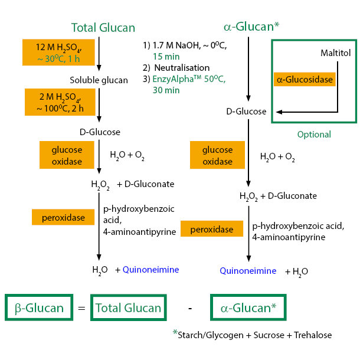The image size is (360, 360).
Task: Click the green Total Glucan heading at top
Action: coord(103,27)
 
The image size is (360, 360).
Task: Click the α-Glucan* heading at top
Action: coord(251,27)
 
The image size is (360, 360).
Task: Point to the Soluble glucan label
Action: coord(99,80)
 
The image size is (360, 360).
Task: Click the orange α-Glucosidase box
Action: coord(304,79)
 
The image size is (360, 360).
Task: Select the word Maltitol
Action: coord(335,53)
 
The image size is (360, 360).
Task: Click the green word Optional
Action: coord(314,134)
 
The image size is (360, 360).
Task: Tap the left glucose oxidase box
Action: coord(66,155)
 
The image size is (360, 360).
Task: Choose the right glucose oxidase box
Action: coord(217,156)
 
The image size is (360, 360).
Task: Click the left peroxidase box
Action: coord(64,217)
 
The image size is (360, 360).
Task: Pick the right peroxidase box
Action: coord(212,229)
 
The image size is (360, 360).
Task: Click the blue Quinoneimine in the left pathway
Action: coord(150,270)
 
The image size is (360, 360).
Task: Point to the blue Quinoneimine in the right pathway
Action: coord(248,271)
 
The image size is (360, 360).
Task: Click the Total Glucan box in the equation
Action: coord(129,307)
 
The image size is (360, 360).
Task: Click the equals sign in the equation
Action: coord(81,307)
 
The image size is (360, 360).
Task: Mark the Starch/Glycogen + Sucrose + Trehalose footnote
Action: coord(255,335)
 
